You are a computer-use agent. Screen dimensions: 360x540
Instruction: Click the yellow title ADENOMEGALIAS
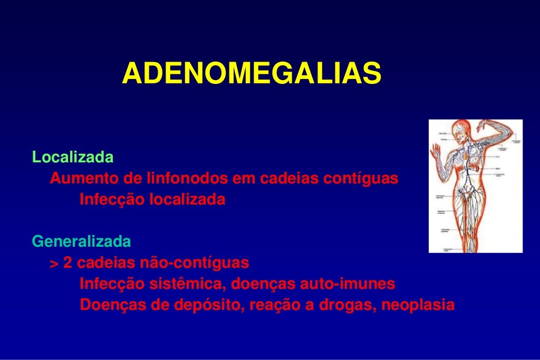tap(252, 73)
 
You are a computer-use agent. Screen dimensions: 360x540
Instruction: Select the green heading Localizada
tap(73, 157)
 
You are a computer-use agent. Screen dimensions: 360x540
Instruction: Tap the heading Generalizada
tap(82, 241)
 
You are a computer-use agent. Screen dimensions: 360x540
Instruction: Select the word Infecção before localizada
tap(112, 200)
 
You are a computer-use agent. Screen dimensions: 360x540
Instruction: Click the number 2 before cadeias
tap(67, 263)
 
